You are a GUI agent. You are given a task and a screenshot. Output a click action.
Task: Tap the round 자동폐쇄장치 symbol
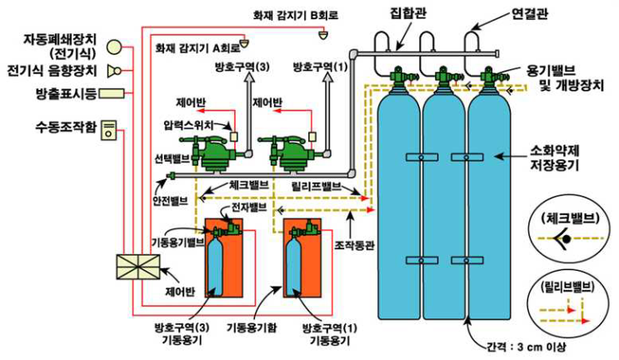tap(115, 47)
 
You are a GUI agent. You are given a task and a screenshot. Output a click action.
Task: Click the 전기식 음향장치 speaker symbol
tap(114, 71)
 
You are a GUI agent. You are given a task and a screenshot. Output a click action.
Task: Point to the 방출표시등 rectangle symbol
tap(112, 93)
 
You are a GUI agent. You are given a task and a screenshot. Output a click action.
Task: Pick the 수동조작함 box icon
tap(109, 130)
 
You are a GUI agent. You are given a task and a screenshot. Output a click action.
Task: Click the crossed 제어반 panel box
tap(138, 267)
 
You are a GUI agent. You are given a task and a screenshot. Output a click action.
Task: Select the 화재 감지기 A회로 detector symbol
tap(245, 42)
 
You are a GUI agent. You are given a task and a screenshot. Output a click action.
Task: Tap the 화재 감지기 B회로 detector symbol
tap(324, 35)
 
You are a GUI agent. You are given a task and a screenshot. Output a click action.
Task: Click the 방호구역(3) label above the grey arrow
tap(242, 67)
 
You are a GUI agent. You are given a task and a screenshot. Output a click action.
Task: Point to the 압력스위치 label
tap(188, 125)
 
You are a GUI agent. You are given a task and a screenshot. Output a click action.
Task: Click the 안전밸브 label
tap(170, 201)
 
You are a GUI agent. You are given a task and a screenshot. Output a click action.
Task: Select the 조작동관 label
tap(354, 246)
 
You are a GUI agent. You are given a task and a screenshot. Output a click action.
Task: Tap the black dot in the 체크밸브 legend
tap(567, 238)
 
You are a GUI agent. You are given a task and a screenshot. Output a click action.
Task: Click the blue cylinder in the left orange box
tap(215, 266)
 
